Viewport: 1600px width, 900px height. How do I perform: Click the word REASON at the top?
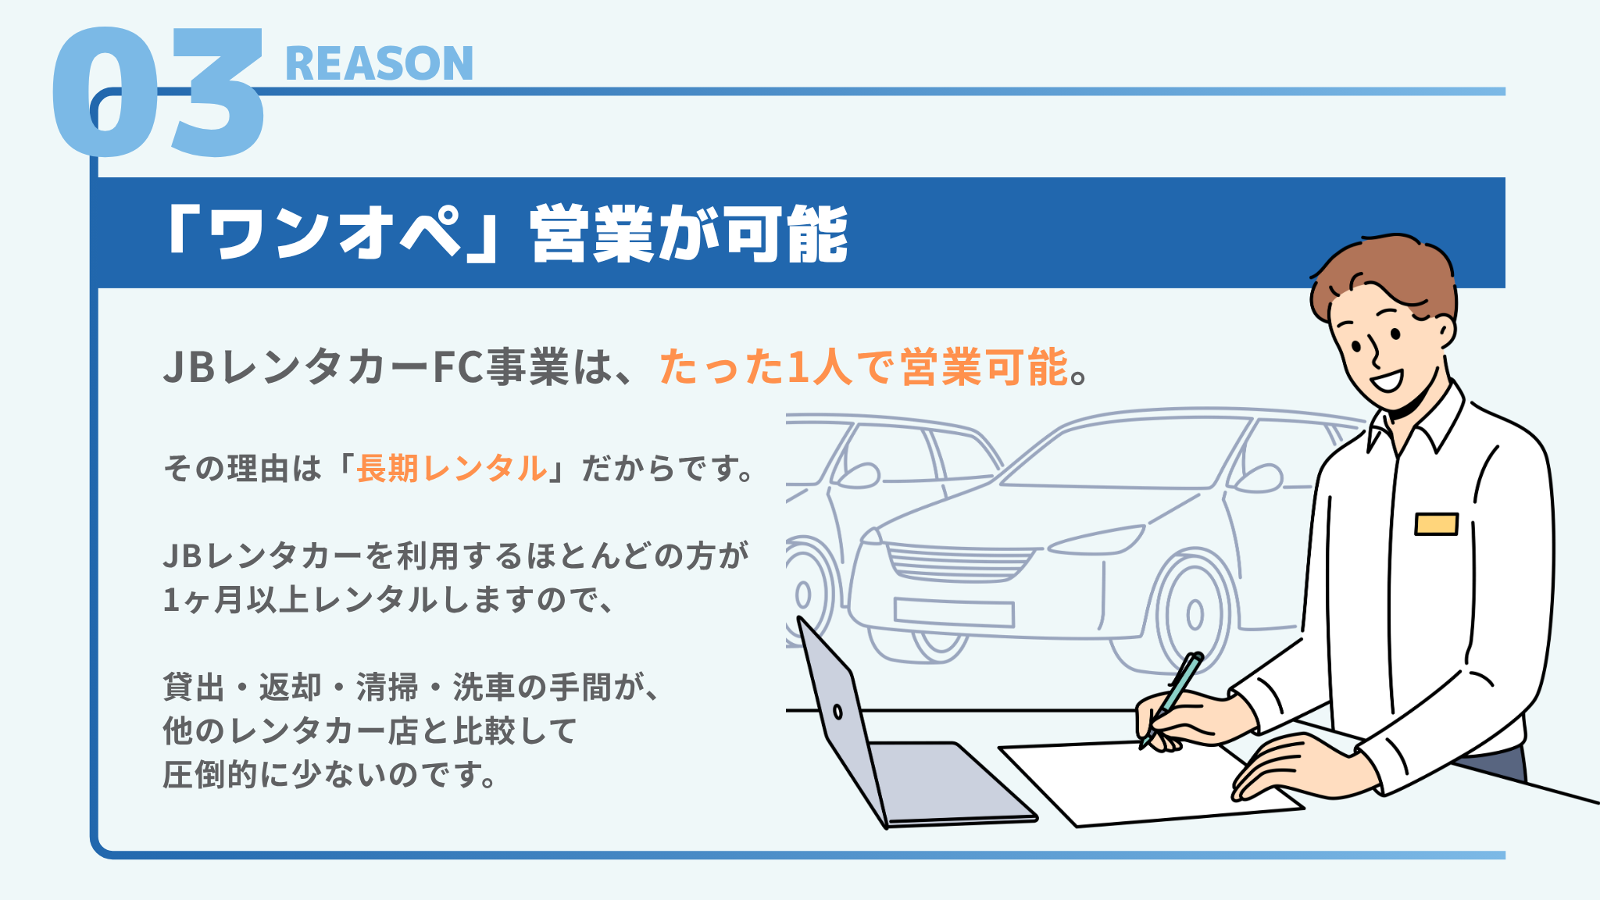click(x=380, y=63)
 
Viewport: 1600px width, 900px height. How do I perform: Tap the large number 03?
click(x=159, y=91)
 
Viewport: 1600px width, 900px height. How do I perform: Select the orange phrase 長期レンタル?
click(x=452, y=469)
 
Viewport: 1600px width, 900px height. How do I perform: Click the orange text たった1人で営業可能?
click(x=864, y=366)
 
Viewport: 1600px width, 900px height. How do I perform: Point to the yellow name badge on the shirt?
click(x=1437, y=523)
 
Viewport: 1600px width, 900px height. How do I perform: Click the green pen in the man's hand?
click(x=1172, y=698)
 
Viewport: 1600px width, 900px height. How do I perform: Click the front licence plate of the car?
click(x=954, y=612)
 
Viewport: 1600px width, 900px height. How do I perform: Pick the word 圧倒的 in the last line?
click(x=211, y=775)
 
